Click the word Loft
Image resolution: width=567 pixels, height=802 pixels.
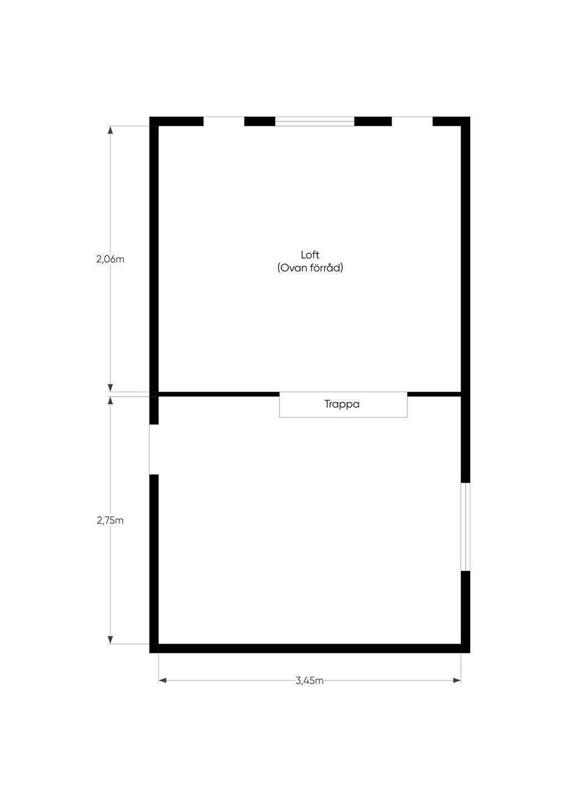click(x=310, y=255)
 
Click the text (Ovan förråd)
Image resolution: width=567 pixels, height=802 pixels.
click(x=310, y=268)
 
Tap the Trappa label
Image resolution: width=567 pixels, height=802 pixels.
click(x=342, y=404)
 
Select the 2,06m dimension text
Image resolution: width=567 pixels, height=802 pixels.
click(x=110, y=259)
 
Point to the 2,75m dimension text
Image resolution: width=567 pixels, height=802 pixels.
click(x=110, y=520)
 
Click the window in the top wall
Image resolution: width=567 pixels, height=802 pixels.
click(x=315, y=121)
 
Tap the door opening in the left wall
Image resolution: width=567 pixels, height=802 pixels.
click(x=153, y=449)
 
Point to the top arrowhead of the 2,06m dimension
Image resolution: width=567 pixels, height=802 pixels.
click(x=110, y=130)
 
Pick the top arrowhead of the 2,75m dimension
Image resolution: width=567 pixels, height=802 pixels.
click(x=110, y=400)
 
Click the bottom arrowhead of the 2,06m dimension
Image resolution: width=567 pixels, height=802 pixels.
click(x=110, y=388)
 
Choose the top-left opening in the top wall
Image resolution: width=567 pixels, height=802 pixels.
click(x=224, y=121)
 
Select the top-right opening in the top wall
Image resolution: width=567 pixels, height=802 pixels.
click(x=412, y=121)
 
